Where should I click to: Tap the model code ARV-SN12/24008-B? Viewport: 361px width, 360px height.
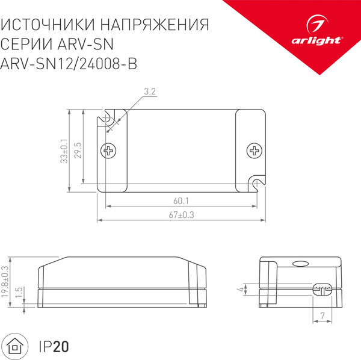coord(69,64)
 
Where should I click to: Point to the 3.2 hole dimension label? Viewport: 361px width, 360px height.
coord(150,92)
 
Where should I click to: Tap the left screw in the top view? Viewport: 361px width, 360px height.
coord(110,150)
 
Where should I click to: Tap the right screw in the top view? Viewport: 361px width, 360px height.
coord(255,150)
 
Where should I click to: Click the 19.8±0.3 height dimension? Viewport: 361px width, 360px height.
coord(5,281)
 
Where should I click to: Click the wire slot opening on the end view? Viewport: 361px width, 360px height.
coord(322,288)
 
